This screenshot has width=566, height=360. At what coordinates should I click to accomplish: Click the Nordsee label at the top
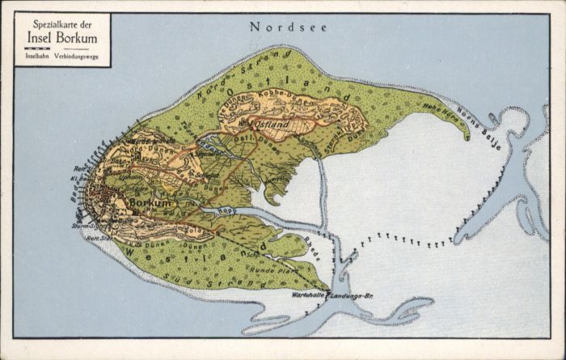tap(289, 27)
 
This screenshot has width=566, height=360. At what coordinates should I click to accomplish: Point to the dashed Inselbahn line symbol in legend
tap(33, 49)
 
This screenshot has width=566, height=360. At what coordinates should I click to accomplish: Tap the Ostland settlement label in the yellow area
tap(271, 125)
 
